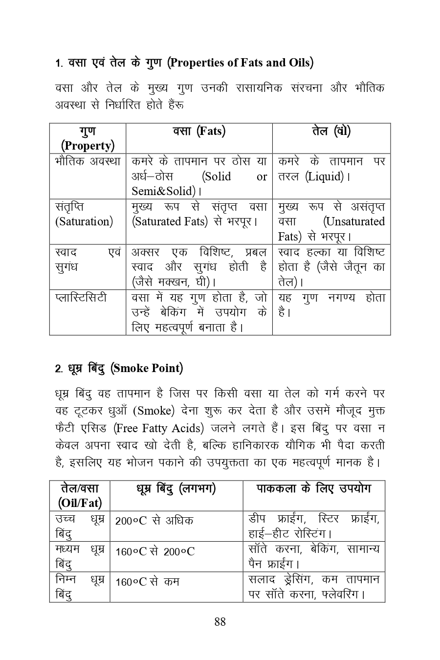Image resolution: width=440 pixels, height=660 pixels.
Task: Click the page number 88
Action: tap(220, 621)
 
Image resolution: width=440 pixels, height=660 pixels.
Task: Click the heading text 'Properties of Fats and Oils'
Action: tap(240, 63)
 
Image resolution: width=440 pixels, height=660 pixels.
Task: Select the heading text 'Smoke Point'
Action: tap(147, 368)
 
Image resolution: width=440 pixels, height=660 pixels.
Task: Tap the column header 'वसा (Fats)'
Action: tap(199, 131)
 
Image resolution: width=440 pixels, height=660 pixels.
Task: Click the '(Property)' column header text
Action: tap(88, 146)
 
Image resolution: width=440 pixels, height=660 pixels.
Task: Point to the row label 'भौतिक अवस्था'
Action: tap(88, 161)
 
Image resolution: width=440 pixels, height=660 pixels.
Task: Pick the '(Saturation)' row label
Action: tap(84, 221)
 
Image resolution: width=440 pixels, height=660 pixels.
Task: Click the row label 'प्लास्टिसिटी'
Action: tap(81, 297)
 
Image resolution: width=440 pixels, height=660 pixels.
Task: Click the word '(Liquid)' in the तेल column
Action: tap(325, 176)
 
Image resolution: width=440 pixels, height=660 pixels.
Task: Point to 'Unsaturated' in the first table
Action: tap(354, 221)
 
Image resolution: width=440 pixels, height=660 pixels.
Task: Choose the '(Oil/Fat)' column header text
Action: tap(80, 503)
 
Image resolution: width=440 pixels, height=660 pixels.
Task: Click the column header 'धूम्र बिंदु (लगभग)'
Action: tap(176, 488)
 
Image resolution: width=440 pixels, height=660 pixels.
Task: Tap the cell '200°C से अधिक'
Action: tap(154, 521)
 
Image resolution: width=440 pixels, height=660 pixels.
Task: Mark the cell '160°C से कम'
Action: tap(147, 582)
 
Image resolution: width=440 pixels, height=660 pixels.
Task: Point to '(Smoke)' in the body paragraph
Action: tap(154, 411)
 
